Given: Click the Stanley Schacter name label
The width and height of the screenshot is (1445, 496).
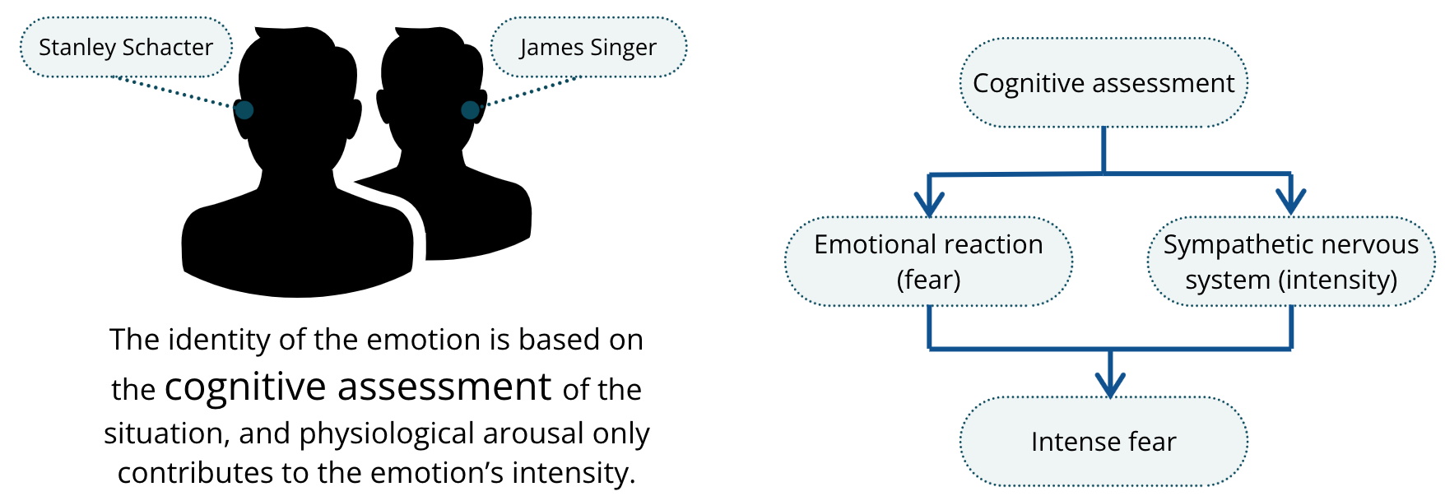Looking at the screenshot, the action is point(126,47).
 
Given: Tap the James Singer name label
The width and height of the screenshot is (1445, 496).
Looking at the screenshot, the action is point(588,47).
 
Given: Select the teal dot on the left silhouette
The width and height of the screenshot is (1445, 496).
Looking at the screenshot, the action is point(244,109).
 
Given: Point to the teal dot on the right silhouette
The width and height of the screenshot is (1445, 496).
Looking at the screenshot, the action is point(470,109).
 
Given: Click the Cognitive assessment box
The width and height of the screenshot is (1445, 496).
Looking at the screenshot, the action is point(1103,82).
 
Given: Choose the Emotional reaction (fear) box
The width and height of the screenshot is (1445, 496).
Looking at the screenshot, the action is point(928,262).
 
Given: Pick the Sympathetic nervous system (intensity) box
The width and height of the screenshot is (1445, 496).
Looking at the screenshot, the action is point(1291,262).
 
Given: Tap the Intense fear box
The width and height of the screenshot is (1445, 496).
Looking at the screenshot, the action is point(1103,442).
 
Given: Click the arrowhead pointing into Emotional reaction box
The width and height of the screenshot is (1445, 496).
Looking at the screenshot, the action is point(929,204).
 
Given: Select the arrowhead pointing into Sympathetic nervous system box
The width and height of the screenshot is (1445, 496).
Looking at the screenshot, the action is point(1291,202).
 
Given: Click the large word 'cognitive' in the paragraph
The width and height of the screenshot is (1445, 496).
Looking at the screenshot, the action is point(245,387).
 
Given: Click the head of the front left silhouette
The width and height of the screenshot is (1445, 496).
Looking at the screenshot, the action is point(298,99).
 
